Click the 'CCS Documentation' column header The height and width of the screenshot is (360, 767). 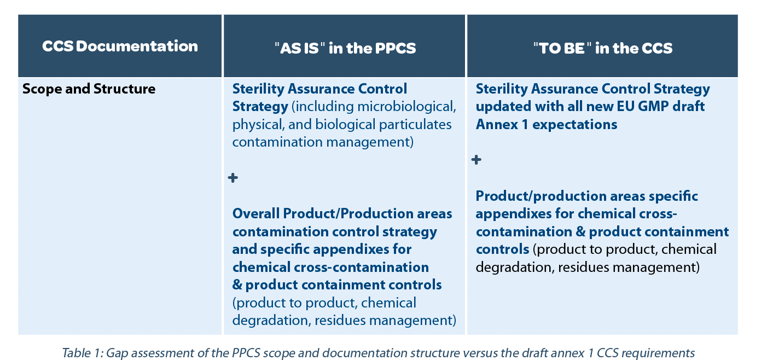(120, 47)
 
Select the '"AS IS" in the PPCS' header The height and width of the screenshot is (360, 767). (345, 48)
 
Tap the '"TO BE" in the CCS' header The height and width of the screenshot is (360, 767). (603, 48)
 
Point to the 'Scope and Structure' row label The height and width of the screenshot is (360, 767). (89, 89)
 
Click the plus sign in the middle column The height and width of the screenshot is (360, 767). (233, 178)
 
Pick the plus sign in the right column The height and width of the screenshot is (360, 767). (477, 160)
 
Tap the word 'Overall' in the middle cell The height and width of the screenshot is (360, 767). (256, 214)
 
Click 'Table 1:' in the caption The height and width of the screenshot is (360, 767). (83, 353)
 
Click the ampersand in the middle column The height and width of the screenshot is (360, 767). (237, 285)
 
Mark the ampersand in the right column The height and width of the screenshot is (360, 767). (580, 232)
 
